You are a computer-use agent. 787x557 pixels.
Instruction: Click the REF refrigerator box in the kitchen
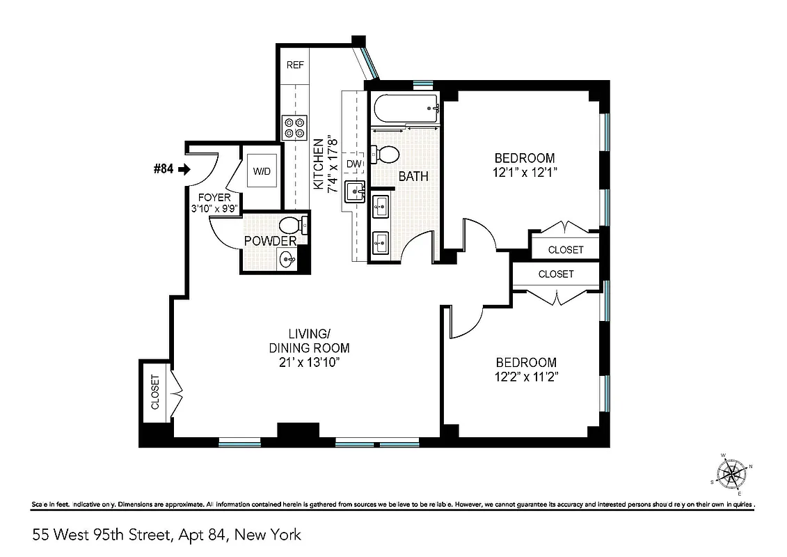(295, 65)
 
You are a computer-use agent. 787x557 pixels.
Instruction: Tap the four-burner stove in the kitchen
(294, 127)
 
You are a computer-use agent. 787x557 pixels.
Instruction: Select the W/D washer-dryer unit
(262, 171)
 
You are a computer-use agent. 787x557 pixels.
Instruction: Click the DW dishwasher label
(353, 164)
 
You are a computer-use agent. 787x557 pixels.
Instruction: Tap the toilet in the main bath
(385, 153)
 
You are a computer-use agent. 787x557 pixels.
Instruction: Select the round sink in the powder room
(287, 260)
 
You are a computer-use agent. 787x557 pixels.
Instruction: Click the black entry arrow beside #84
(184, 168)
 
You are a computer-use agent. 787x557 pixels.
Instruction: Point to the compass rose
(731, 474)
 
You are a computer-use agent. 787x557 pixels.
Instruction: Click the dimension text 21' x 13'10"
(309, 362)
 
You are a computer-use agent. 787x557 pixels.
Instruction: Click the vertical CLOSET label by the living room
(154, 391)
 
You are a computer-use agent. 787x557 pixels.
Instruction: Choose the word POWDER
(270, 242)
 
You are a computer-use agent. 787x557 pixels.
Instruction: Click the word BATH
(413, 177)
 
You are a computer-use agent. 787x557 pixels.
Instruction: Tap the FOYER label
(214, 198)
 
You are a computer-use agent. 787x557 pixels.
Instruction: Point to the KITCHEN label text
(318, 165)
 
